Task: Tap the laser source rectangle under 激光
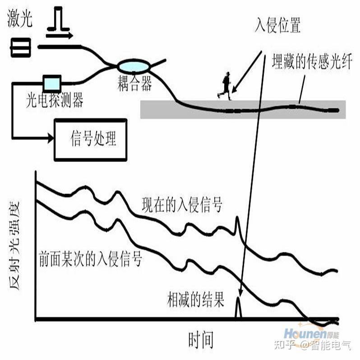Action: [x=21, y=48]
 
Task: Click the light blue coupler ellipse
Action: [x=134, y=67]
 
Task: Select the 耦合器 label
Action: [x=135, y=84]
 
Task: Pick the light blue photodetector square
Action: [x=51, y=83]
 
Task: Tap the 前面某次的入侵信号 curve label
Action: [x=91, y=258]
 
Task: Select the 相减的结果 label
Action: [x=196, y=300]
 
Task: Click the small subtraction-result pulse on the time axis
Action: [x=238, y=310]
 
